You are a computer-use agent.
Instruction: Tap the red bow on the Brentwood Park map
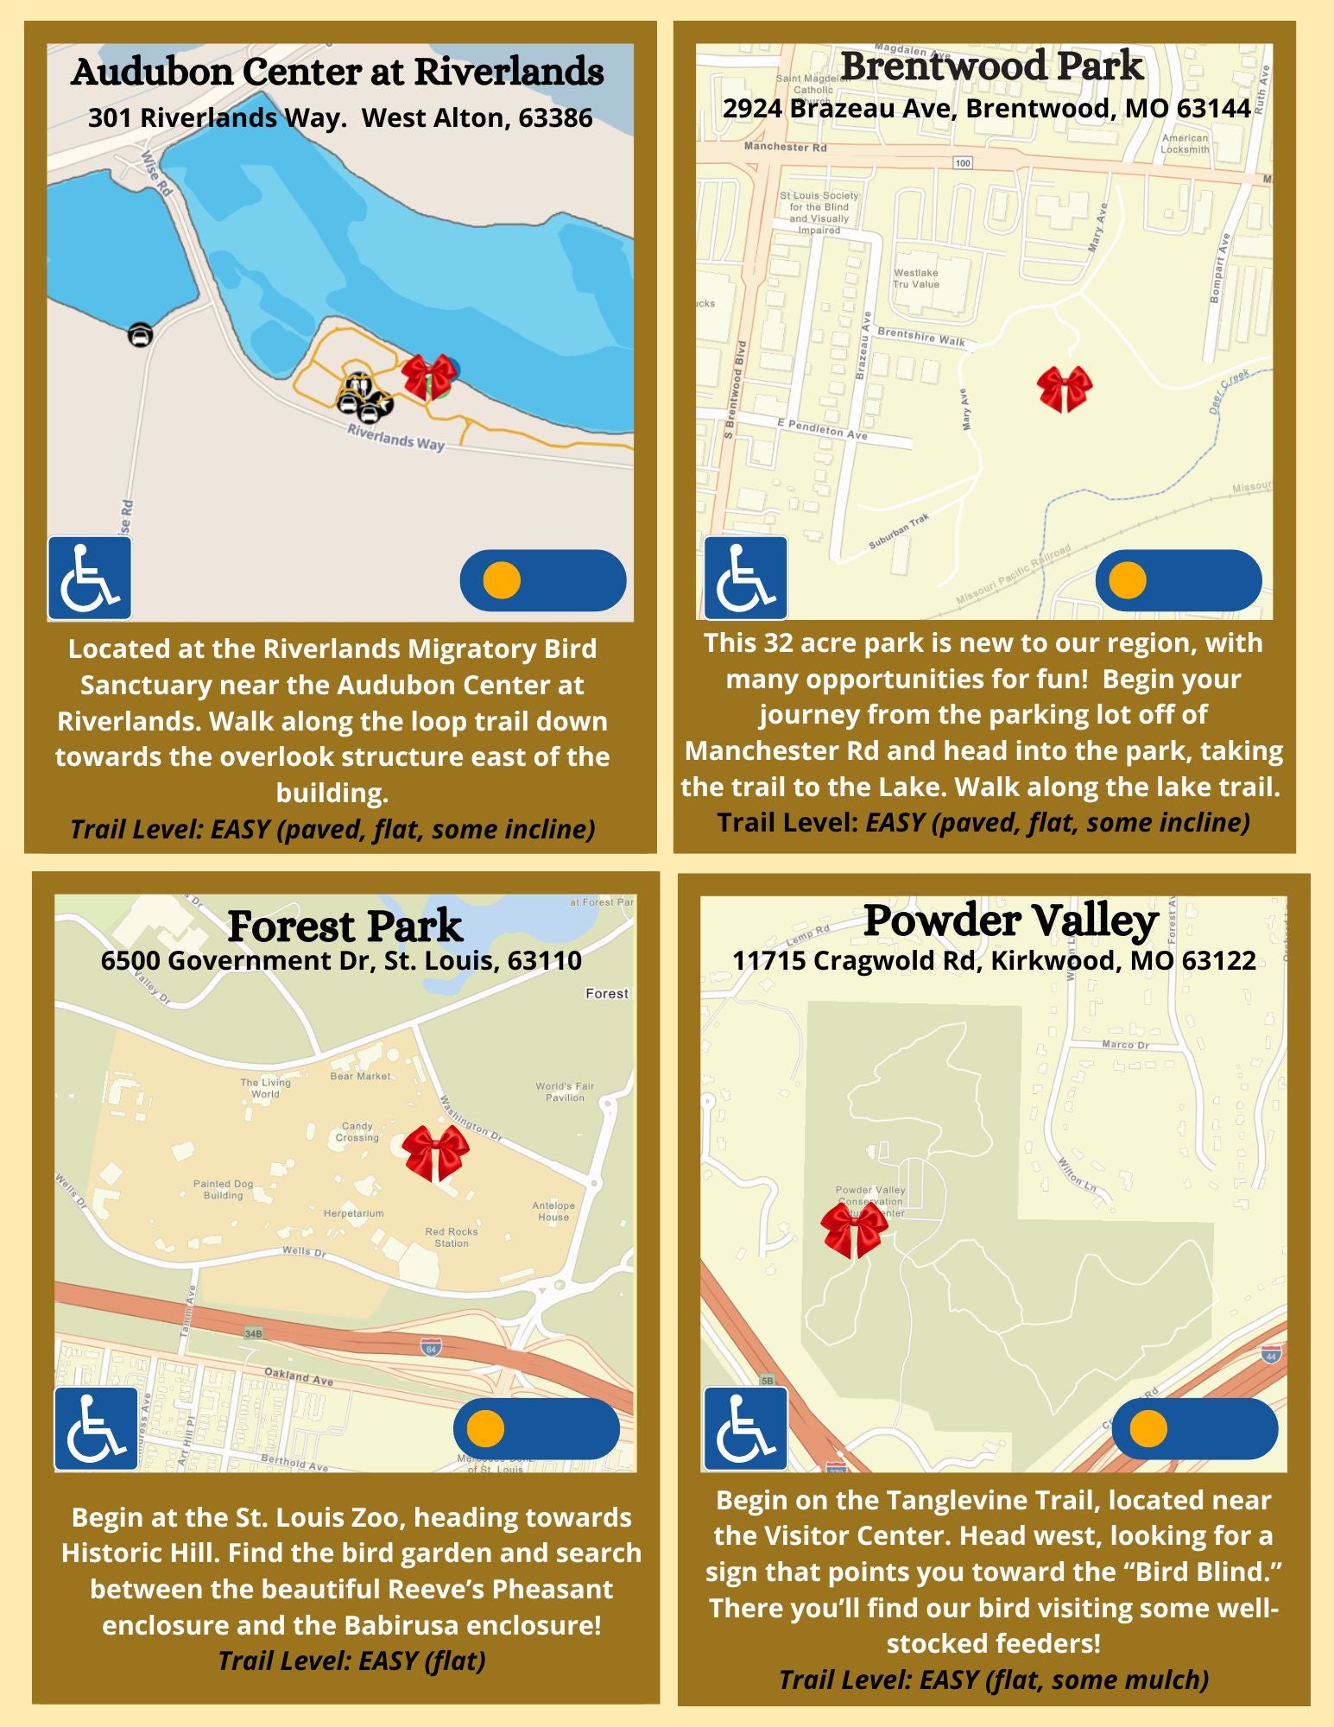point(1065,389)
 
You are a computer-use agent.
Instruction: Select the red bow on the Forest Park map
point(436,1152)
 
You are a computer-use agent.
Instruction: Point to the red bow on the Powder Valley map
point(854,1230)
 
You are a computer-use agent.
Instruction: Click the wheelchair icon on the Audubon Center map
point(90,578)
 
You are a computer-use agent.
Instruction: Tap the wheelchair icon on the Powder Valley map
point(745,1429)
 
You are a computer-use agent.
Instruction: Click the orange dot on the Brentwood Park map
point(1127,580)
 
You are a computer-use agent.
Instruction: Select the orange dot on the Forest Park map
point(485,1428)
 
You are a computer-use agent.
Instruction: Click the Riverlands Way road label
point(396,437)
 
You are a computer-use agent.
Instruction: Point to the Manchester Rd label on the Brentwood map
point(785,148)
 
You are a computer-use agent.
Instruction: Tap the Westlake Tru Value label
point(916,278)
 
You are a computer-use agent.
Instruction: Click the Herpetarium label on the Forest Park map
point(354,1213)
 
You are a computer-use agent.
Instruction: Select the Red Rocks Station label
point(452,1237)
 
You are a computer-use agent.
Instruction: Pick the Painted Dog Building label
point(223,1190)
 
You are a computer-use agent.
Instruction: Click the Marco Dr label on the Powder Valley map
point(1125,1045)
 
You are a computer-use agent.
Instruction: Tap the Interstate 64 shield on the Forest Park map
point(431,1348)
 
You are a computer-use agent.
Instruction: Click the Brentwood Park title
point(992,66)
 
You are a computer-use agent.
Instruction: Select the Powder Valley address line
point(994,960)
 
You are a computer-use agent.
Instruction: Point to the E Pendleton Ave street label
point(822,429)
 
